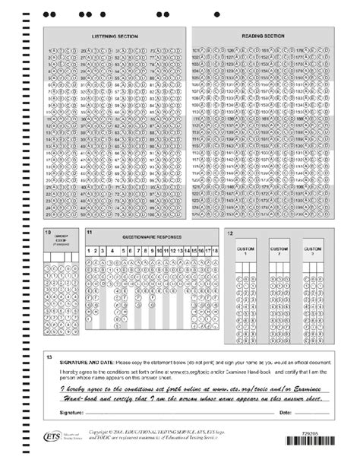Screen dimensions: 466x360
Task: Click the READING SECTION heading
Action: [x=263, y=36]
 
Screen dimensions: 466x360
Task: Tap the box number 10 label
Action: [x=48, y=230]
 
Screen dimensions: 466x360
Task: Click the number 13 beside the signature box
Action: [x=49, y=356]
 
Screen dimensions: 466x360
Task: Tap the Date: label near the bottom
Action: [x=286, y=411]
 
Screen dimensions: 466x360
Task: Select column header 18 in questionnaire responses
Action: [x=216, y=249]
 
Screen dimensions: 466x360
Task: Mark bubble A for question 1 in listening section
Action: [x=56, y=49]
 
